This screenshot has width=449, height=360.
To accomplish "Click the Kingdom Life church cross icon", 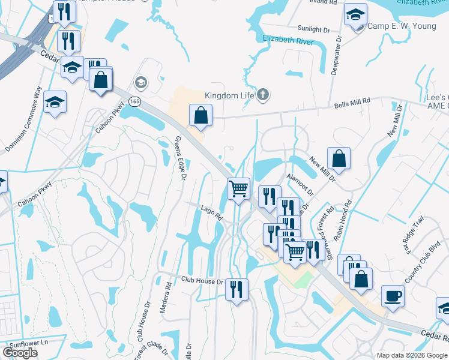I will [263, 94].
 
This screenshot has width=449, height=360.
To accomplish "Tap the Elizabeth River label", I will [288, 40].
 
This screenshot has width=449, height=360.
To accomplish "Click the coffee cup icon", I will [393, 296].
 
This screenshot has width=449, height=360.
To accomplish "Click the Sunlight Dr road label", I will [314, 28].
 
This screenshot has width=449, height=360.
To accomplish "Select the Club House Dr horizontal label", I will [202, 281].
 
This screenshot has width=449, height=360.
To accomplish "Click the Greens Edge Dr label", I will [182, 157].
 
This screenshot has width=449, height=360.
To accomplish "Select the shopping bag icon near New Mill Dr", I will [339, 158].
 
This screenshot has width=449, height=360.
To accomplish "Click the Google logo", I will [20, 352].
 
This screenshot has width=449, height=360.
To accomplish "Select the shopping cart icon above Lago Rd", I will [239, 188].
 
